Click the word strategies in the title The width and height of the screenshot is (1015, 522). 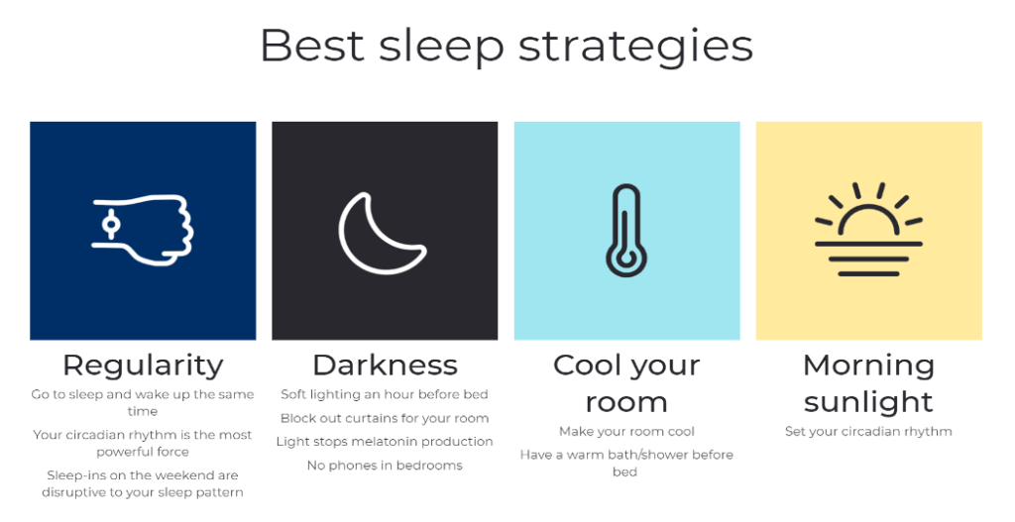635,46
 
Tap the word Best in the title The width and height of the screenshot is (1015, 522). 310,45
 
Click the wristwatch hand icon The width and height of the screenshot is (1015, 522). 143,230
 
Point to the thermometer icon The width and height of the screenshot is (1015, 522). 626,230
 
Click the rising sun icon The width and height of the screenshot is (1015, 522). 868,229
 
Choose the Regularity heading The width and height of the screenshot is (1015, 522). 143,365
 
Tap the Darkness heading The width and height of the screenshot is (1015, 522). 386,365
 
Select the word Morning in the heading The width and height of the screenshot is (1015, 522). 868,366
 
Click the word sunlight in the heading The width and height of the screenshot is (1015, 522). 868,402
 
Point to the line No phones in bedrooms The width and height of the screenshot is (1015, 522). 385,466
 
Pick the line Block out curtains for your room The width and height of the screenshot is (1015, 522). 385,418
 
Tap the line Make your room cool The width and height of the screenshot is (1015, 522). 626,432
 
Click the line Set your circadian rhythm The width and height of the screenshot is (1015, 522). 868,432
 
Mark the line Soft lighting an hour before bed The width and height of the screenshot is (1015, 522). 385,394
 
